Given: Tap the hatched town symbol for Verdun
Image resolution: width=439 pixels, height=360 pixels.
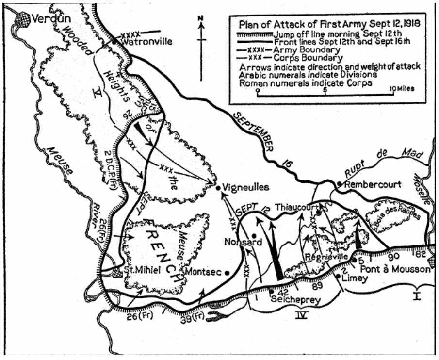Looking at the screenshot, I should (x=22, y=19).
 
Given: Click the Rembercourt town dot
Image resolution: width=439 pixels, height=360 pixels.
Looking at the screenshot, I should (x=340, y=184).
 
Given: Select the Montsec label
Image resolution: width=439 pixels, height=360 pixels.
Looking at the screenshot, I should (x=205, y=271).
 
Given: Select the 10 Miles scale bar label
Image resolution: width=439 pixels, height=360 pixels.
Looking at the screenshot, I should (x=400, y=88).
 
